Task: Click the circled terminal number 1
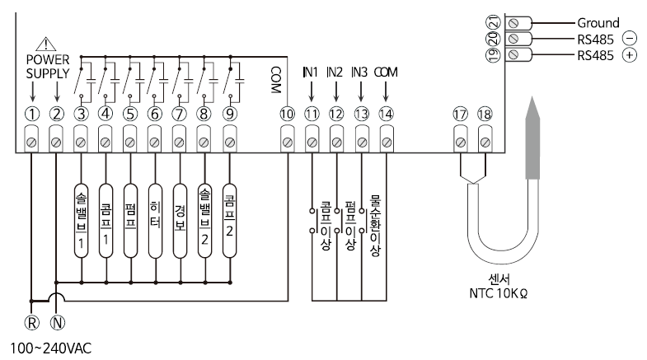[x=31, y=115]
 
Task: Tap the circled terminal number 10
[x=287, y=115]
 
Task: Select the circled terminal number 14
[x=386, y=115]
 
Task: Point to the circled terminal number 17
[x=460, y=115]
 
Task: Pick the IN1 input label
[x=311, y=72]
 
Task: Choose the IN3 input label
[x=359, y=72]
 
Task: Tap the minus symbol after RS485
[x=630, y=39]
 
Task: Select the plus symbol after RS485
[x=630, y=54]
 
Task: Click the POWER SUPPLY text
[x=42, y=67]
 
